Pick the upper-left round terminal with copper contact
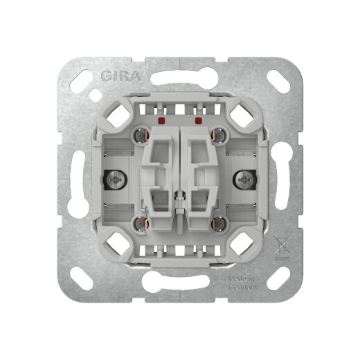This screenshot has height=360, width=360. (142, 134)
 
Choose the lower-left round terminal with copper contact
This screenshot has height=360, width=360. (142, 224)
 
